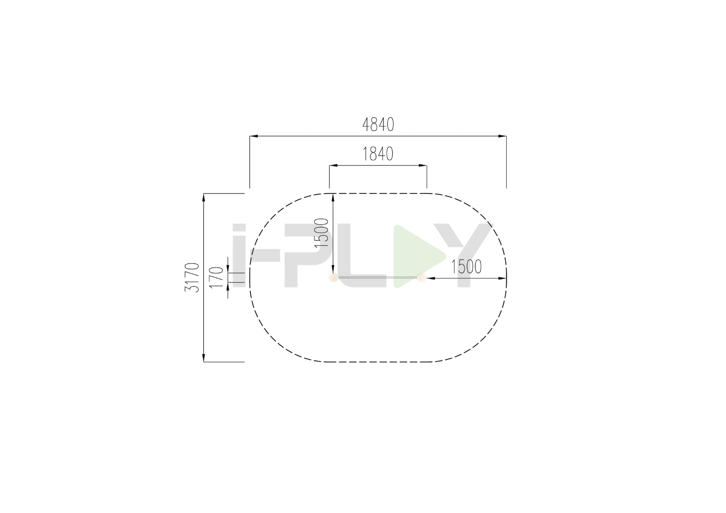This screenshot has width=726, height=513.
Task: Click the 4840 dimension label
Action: [x=378, y=124]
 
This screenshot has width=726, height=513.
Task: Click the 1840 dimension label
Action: [x=378, y=154]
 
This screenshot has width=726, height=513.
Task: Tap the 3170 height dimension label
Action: [x=192, y=277]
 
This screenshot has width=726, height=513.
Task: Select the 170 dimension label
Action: [x=216, y=277]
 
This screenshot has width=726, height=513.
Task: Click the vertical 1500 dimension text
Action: [x=322, y=233]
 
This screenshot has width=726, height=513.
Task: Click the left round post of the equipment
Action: [x=334, y=277]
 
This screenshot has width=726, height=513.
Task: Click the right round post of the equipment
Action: [x=421, y=277]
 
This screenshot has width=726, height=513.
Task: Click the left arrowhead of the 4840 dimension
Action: [x=254, y=136]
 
